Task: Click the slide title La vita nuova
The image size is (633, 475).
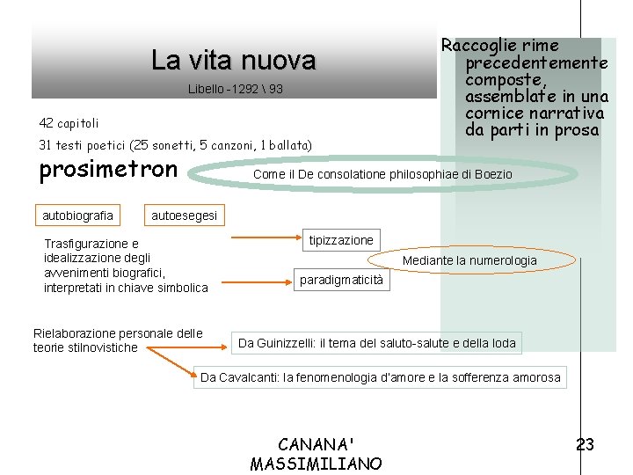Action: (x=233, y=60)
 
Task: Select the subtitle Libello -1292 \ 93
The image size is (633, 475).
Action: (x=236, y=91)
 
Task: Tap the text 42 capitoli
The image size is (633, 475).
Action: (x=69, y=123)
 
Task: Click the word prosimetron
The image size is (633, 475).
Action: (x=109, y=169)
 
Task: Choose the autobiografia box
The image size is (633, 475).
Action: (x=78, y=216)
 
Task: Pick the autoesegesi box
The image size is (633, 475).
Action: (x=186, y=216)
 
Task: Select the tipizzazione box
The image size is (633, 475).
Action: (x=341, y=240)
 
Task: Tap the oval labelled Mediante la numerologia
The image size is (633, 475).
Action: (x=469, y=260)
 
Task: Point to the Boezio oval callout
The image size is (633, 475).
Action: (x=382, y=174)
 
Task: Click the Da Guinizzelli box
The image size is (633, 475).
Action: (x=377, y=343)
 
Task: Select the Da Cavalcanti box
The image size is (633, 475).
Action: (x=380, y=377)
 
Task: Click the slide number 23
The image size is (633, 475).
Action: (x=585, y=445)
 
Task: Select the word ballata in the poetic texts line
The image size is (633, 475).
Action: (x=290, y=144)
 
